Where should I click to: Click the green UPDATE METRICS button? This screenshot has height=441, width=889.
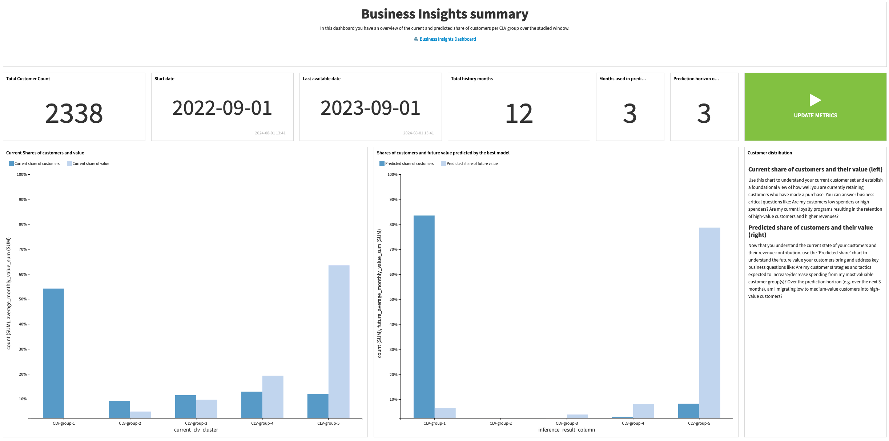(x=815, y=107)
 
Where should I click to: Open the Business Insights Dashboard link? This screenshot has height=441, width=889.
(x=447, y=39)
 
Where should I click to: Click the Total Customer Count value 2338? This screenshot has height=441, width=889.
(x=74, y=113)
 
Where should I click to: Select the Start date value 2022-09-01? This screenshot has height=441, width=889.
(x=222, y=108)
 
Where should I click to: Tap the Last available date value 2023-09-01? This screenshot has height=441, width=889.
(x=370, y=108)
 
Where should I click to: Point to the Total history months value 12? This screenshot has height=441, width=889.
(x=519, y=113)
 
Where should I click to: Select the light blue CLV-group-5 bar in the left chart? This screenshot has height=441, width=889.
(x=339, y=341)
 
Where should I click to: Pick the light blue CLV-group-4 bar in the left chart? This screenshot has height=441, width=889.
(x=273, y=397)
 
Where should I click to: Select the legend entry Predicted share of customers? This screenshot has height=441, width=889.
(x=409, y=164)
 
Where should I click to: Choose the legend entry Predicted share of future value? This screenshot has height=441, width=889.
(x=472, y=164)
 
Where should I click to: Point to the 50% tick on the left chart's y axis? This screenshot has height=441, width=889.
(x=23, y=299)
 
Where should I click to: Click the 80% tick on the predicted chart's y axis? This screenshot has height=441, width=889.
(x=394, y=224)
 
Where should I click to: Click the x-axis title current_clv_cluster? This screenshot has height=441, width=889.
(x=196, y=430)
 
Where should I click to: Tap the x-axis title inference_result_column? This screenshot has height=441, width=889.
(x=566, y=430)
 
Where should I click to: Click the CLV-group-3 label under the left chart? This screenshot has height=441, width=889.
(x=196, y=423)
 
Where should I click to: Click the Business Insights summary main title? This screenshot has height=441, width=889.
(x=444, y=14)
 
